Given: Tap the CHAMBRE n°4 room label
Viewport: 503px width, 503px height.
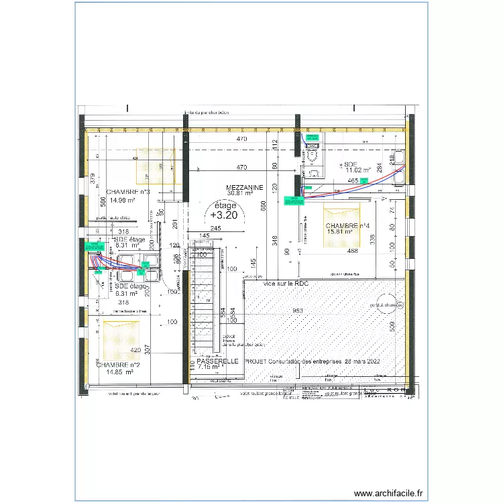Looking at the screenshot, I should click(x=348, y=226).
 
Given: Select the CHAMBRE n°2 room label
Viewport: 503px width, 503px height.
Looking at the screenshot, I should click(x=121, y=364).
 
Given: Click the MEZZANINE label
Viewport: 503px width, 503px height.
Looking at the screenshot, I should click(x=244, y=187).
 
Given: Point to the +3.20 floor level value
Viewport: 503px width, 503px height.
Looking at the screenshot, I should click(x=223, y=215).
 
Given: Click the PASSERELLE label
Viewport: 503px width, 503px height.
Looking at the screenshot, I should click(x=219, y=361).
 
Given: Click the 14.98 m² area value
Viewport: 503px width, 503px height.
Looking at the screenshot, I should click(x=123, y=200).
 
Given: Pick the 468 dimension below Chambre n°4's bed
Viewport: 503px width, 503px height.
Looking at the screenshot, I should click(x=352, y=251).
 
